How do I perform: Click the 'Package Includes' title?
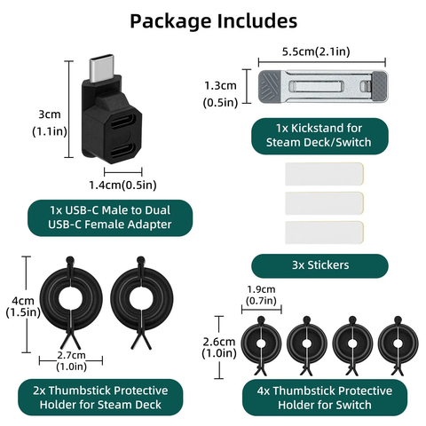tap(214, 21)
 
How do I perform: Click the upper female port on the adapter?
tap(123, 122)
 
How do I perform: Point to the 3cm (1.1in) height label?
tap(50, 122)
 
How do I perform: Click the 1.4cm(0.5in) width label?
tap(122, 185)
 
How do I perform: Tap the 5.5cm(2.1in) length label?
tap(316, 51)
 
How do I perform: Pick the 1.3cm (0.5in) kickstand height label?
tap(220, 94)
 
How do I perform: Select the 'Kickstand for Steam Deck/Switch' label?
tap(319, 136)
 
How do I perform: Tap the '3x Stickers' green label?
tap(319, 265)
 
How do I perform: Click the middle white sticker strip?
tap(324, 203)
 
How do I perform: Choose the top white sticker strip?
tap(324, 174)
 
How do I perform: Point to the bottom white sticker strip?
tap(324, 233)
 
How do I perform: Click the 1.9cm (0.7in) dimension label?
tap(261, 295)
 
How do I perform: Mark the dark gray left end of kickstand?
tap(270, 87)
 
